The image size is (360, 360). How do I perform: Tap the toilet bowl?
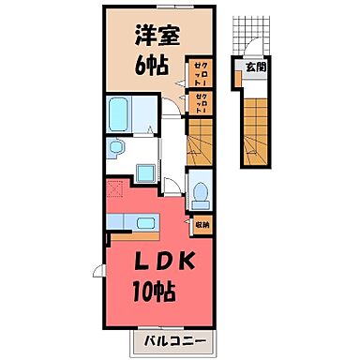point(201,193)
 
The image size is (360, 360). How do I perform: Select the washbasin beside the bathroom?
point(118,150)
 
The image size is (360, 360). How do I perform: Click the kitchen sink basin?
point(143,223)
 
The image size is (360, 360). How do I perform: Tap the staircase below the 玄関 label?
point(255,122)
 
